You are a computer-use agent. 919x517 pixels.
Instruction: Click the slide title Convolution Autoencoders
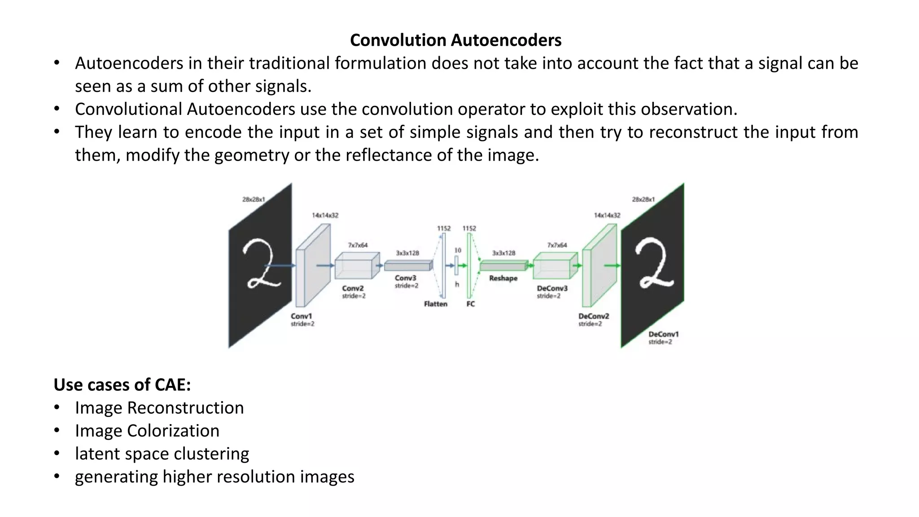455,40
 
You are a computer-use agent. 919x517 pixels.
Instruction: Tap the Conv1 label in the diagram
301,316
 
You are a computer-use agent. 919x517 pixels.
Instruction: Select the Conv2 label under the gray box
353,288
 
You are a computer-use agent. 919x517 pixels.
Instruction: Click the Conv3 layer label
406,278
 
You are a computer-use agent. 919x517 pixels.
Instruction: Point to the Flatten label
435,304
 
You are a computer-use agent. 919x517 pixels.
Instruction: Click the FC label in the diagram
470,304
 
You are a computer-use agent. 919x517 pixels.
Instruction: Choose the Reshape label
503,278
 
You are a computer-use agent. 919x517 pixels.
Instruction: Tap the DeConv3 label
552,288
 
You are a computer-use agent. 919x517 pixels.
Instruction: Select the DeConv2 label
593,316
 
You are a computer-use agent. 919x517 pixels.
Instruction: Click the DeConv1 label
663,334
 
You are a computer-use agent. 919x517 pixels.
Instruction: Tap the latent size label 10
458,250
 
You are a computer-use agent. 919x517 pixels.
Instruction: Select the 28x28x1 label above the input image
254,199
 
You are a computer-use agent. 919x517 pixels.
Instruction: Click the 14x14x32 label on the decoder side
607,215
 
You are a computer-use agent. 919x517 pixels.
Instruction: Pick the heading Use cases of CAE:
122,385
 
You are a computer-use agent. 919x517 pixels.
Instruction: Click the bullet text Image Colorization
147,431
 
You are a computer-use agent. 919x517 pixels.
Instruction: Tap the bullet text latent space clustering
162,454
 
